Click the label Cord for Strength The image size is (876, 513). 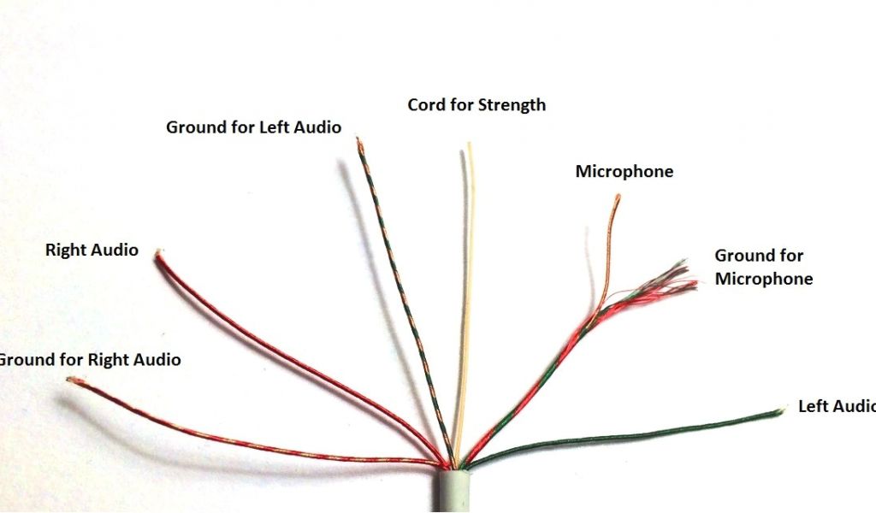[x=476, y=105]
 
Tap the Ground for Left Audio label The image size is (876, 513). [x=253, y=127]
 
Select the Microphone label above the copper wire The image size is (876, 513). [x=624, y=172]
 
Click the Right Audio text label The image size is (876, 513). [x=92, y=250]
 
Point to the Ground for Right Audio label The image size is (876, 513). [x=91, y=359]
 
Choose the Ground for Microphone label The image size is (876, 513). [x=763, y=267]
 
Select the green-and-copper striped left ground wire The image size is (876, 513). [x=402, y=291]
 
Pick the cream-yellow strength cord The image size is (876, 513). [x=467, y=299]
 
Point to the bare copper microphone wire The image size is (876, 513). [x=608, y=256]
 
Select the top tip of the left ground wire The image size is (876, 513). [x=358, y=141]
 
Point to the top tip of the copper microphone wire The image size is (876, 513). [x=617, y=198]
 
